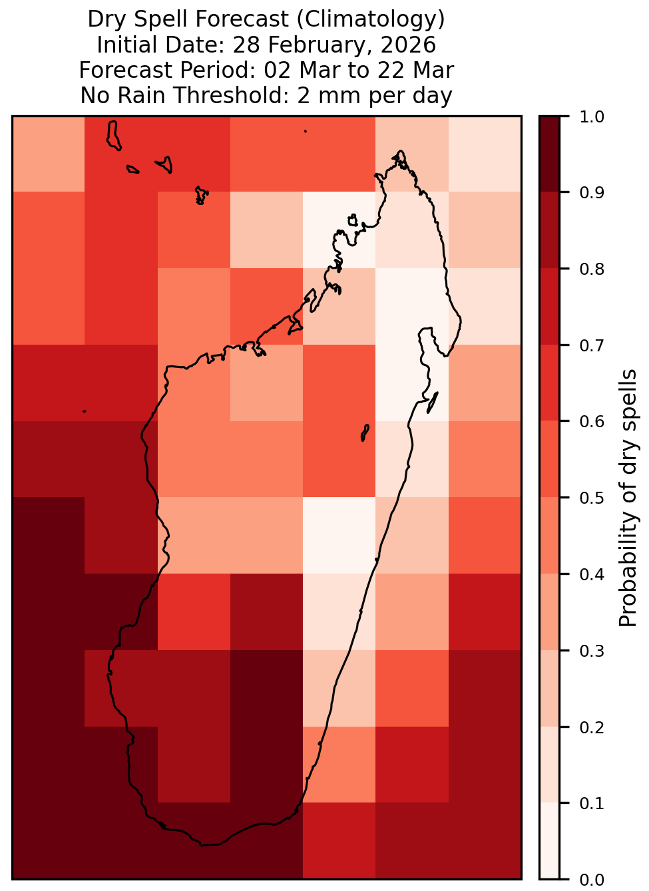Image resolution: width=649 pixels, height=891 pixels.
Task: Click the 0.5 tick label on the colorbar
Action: [x=592, y=498]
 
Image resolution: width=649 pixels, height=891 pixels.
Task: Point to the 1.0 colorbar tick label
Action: [x=592, y=117]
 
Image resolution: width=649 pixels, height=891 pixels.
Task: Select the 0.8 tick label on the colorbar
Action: [x=592, y=269]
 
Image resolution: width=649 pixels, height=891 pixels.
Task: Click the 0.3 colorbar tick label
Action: [x=592, y=651]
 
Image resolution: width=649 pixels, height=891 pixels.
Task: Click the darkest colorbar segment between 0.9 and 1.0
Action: [x=549, y=154]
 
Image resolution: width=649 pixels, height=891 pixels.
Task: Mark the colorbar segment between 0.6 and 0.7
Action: [x=549, y=383]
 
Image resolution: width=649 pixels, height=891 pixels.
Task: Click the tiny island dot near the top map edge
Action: [x=306, y=131]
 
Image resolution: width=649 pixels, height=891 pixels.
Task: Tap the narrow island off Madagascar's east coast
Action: [x=433, y=403]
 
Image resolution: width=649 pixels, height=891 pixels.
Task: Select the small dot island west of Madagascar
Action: [x=84, y=411]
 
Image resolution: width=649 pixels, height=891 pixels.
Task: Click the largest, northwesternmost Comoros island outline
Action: [x=113, y=136]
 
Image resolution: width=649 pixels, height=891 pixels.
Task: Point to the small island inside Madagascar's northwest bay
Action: [x=353, y=220]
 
